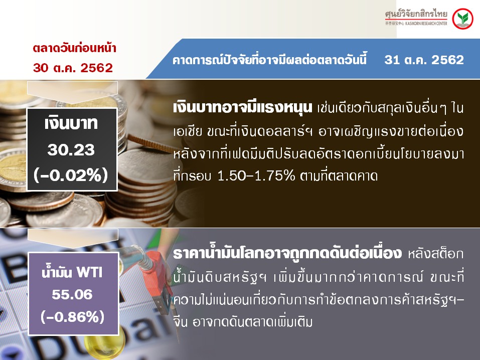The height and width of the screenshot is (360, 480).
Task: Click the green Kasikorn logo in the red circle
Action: [462, 19]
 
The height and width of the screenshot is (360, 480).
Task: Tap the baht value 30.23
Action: [71, 150]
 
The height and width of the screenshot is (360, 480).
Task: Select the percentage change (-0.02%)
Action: [71, 175]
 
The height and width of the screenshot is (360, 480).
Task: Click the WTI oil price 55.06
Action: [72, 294]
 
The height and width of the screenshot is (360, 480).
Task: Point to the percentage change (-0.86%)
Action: [73, 317]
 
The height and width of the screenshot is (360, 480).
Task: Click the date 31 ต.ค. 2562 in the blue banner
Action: [424, 60]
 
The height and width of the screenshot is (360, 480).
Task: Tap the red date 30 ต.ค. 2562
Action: [73, 68]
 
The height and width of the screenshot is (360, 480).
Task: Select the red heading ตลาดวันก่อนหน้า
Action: [74, 48]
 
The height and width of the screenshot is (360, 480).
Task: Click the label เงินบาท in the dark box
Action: [71, 123]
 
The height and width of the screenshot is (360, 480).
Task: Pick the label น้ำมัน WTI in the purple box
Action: [72, 272]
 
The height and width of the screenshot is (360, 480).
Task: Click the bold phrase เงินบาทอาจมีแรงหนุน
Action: [242, 108]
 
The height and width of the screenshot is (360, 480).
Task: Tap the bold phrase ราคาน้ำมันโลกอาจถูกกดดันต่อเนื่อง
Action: [287, 254]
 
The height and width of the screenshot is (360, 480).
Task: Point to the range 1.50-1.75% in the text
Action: [256, 175]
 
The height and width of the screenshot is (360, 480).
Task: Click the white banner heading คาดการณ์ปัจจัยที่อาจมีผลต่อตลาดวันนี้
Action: [269, 60]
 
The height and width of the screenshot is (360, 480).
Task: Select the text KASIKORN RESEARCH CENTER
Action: [426, 23]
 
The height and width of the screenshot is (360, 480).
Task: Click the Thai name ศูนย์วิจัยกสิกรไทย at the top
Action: [416, 14]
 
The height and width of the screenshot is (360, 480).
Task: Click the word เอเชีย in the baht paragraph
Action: [188, 131]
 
